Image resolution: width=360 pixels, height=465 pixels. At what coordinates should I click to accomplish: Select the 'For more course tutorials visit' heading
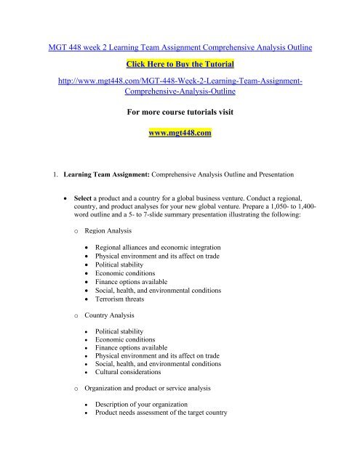pyautogui.click(x=180, y=113)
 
